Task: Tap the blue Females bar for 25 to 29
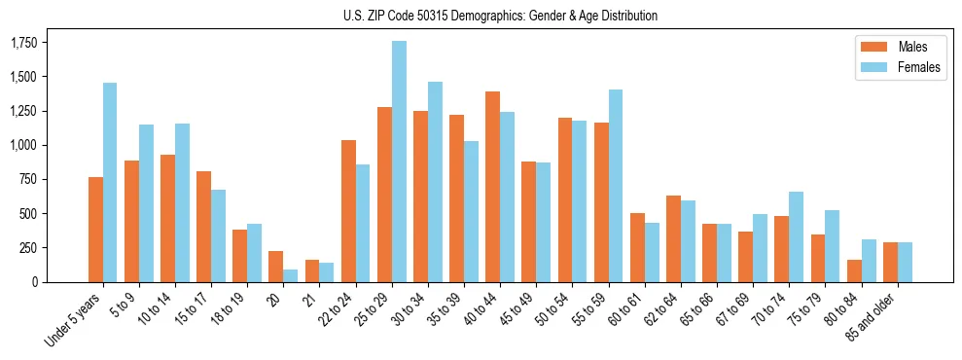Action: [399, 162]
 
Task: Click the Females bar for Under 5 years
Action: [110, 182]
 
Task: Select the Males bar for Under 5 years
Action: [95, 230]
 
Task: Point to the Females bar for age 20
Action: [290, 275]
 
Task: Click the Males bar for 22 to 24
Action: [348, 211]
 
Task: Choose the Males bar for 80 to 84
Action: [853, 270]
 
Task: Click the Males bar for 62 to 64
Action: [673, 238]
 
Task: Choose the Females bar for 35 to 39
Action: [471, 211]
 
